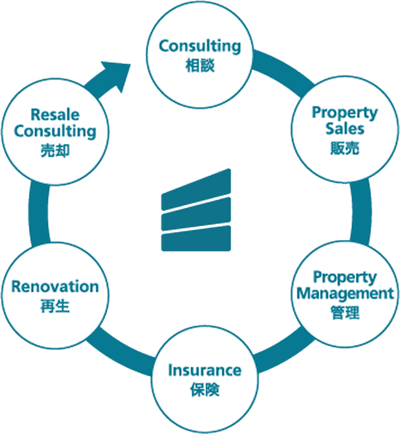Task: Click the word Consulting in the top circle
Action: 200,46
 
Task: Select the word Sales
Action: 345,129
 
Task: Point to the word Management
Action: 345,293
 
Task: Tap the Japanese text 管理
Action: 345,313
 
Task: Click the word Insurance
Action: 205,370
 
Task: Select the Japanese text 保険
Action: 205,390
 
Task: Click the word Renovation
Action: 55,286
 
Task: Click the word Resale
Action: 55,114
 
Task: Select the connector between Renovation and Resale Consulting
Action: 39,214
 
